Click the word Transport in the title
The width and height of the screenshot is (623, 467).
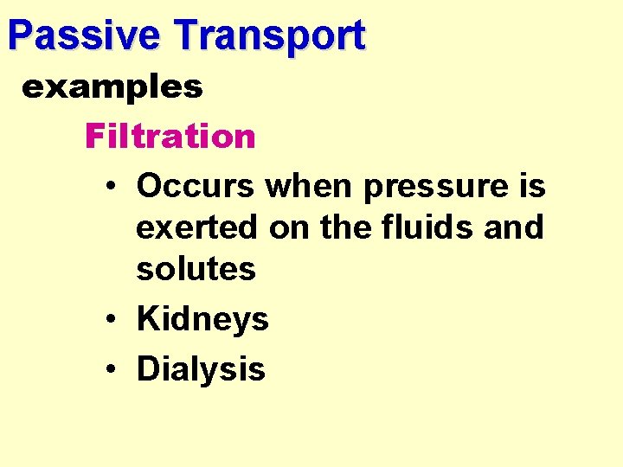(269, 35)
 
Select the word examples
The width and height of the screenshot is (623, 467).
(112, 86)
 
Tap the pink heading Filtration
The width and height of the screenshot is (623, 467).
(170, 136)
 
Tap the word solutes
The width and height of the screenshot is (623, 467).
(196, 268)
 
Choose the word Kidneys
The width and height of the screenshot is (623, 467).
(202, 320)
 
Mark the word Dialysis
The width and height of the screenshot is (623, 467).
(201, 369)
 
